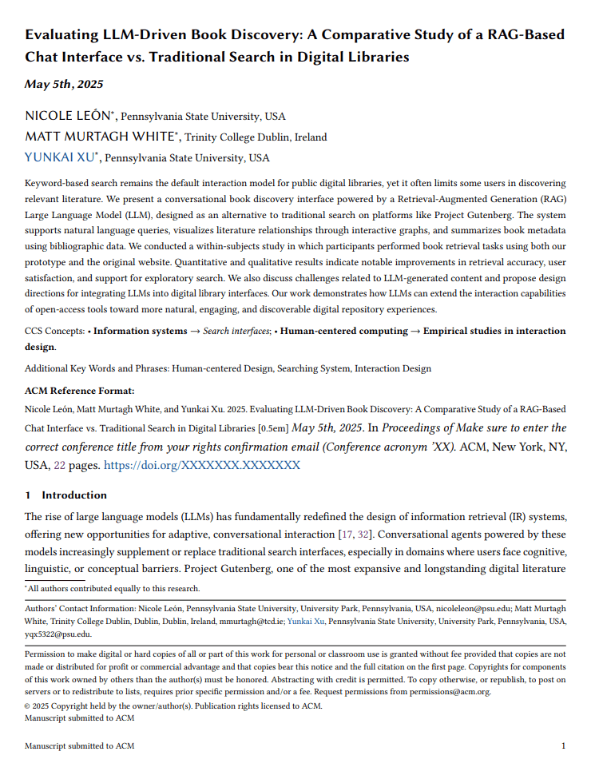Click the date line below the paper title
point(64,84)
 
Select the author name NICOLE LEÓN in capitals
point(69,117)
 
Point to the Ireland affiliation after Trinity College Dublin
point(310,137)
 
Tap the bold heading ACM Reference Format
point(79,391)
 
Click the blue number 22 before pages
point(59,464)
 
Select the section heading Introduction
point(74,495)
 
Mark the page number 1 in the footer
point(564,746)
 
